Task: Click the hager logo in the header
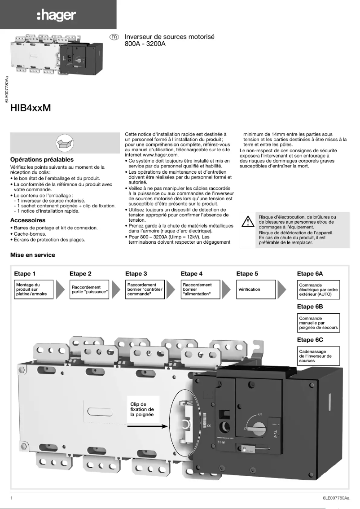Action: tap(57, 16)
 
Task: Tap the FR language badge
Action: tap(114, 36)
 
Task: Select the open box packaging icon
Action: tap(63, 143)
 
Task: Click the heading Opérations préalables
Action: tap(42, 159)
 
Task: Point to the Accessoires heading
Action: tap(28, 220)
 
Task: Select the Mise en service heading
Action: tap(33, 255)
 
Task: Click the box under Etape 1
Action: tap(34, 290)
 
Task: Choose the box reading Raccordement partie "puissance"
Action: tap(90, 290)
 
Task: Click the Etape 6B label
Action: tap(310, 307)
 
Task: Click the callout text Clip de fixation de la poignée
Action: tap(142, 409)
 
